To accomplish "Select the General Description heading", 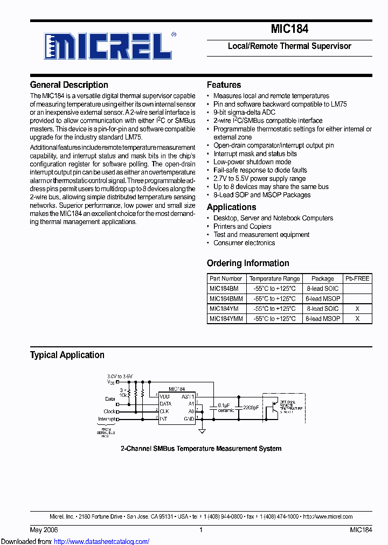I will coord(69,85).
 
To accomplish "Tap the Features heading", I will coord(224,85).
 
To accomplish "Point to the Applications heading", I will coord(231,207).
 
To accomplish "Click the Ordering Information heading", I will coord(248,263).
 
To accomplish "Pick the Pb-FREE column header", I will coord(357,278).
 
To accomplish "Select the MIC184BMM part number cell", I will coord(226,298).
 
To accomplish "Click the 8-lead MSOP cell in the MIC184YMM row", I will coord(323,318).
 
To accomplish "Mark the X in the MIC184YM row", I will coord(357,309).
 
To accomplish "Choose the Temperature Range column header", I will coord(274,278).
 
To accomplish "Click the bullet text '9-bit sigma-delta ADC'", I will coord(244,112).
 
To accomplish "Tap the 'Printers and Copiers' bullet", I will coord(242,226).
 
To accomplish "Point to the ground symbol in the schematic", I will coord(202,430).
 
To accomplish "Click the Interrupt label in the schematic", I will coord(106,418).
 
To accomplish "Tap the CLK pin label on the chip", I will coord(164,411).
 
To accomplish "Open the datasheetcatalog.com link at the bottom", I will coord(102,541).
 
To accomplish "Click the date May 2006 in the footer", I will coord(41,530).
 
